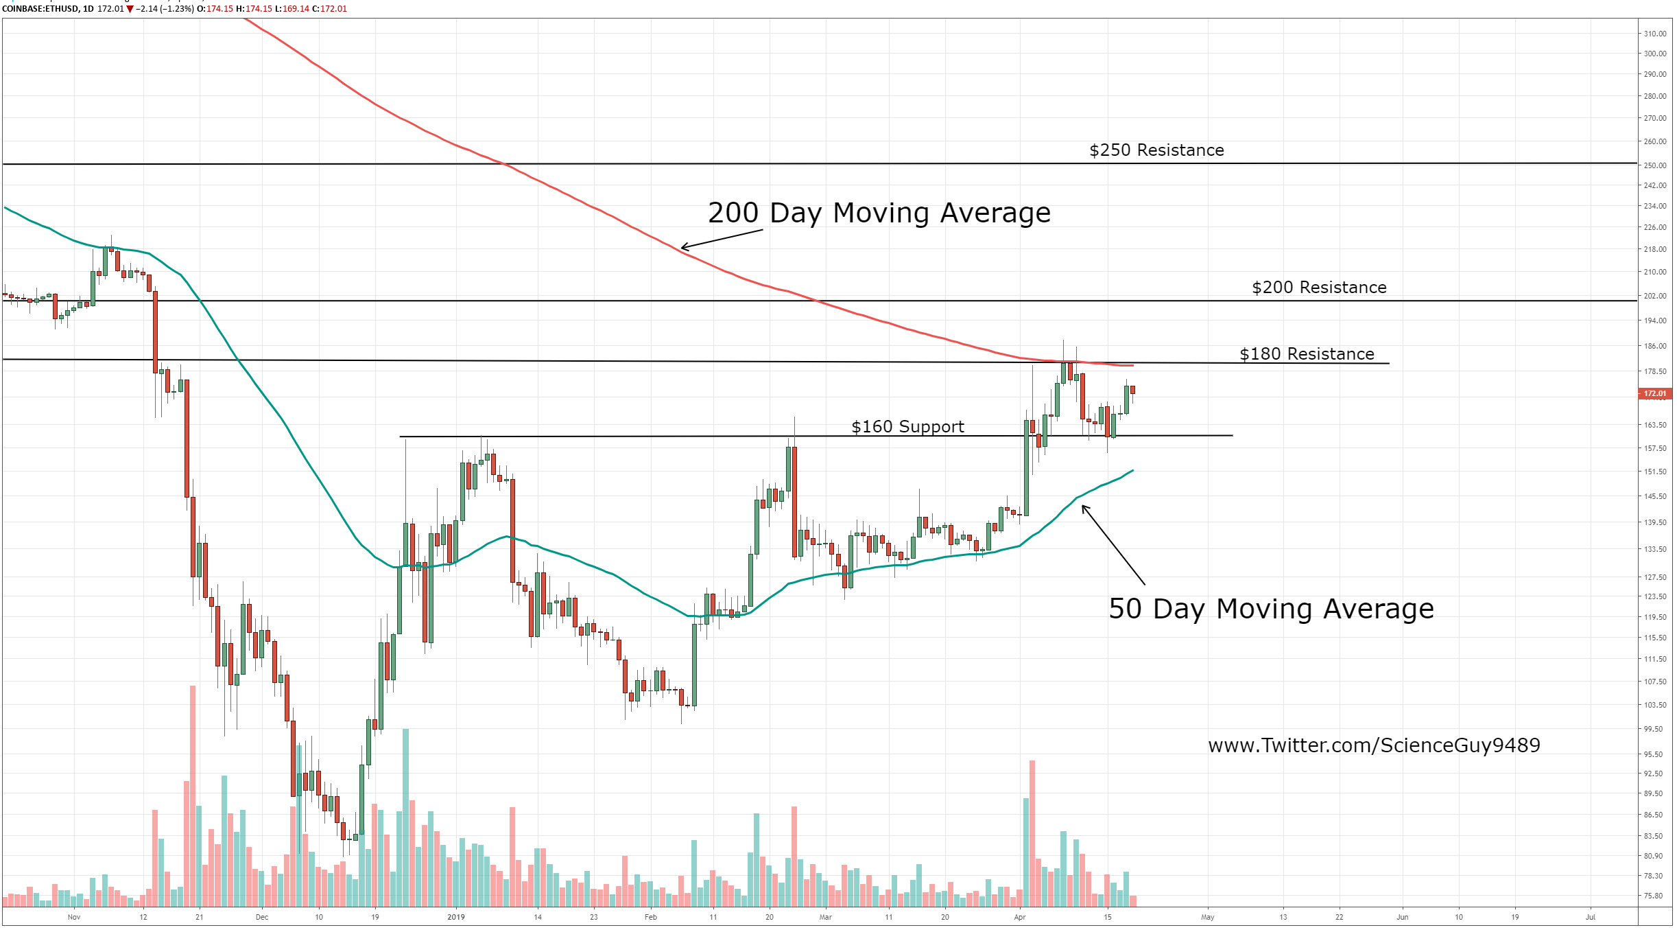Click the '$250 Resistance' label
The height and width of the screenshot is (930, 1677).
(1156, 150)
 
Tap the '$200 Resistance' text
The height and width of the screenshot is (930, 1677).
(1319, 288)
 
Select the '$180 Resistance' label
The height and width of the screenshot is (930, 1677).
(1307, 354)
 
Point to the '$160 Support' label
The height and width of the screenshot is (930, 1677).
(907, 427)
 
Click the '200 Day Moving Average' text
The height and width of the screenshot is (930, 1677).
(879, 213)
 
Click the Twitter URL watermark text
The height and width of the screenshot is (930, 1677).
(1374, 745)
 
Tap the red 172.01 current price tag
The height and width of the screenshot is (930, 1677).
(1655, 394)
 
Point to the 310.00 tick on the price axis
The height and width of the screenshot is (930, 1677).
(1655, 34)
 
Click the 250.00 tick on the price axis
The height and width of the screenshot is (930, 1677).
(1655, 165)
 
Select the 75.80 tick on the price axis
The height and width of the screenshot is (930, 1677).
(1654, 896)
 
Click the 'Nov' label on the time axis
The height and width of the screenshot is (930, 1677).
(74, 917)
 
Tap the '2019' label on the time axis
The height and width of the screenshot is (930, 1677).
(456, 917)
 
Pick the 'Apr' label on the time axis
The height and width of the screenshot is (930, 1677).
(1020, 917)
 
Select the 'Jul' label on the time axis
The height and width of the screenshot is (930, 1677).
(1591, 917)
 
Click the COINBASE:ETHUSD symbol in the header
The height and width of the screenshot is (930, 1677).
(40, 9)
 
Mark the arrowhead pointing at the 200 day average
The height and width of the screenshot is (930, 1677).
(683, 248)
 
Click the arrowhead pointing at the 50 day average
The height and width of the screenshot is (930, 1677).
(1084, 507)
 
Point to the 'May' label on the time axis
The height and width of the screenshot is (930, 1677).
(1208, 917)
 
